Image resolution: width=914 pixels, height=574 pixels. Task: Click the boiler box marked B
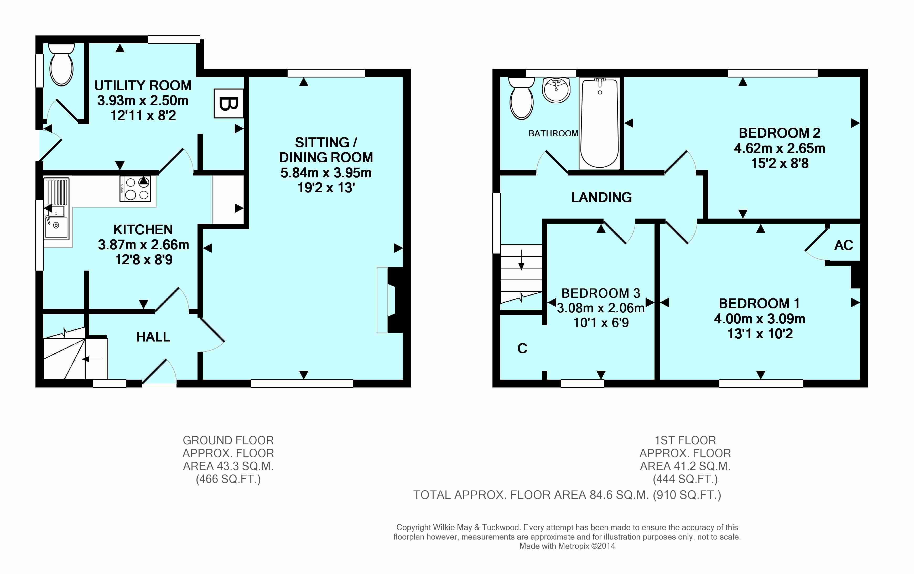point(228,103)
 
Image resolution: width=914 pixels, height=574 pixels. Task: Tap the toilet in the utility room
point(61,65)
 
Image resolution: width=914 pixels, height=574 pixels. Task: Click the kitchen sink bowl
point(56,227)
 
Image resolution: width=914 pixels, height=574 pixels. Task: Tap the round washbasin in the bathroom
point(556,90)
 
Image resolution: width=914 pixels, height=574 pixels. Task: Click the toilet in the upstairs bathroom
point(522,98)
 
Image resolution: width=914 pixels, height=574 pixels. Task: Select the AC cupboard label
point(843,245)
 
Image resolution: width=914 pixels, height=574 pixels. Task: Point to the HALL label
point(153,337)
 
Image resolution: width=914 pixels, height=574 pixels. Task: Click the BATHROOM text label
point(553,133)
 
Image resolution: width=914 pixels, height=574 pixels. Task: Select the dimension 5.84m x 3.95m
point(326,173)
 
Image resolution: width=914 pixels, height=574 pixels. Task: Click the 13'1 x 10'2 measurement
point(760,334)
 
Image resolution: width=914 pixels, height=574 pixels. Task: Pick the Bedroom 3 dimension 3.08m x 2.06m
point(601,308)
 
